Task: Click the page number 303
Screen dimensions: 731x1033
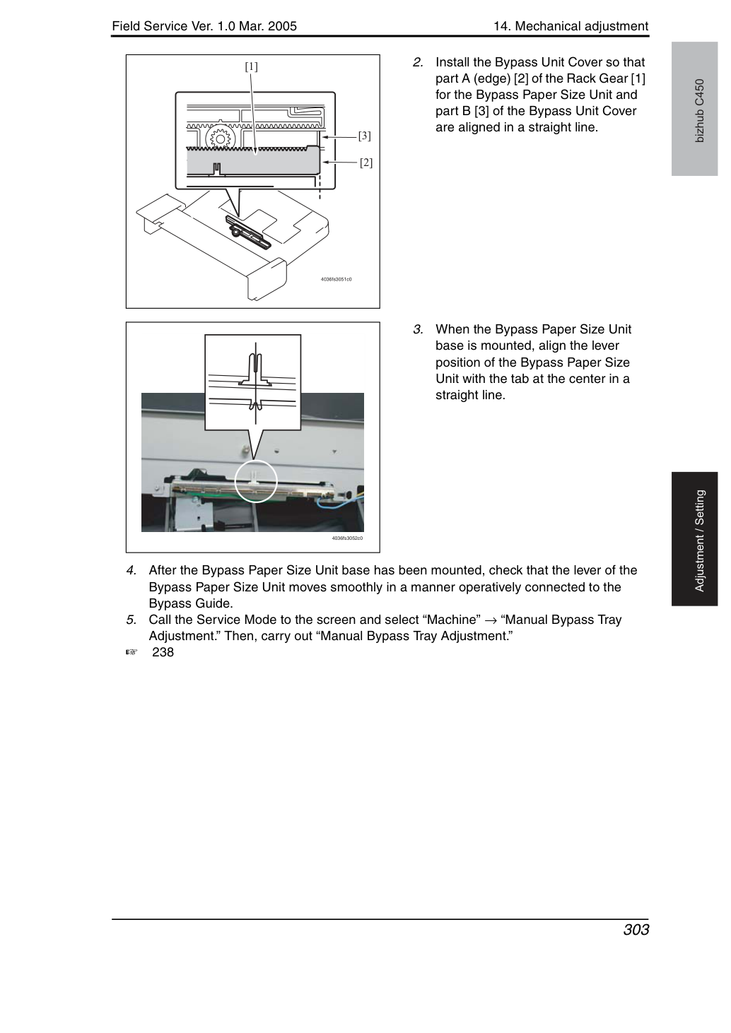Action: click(636, 930)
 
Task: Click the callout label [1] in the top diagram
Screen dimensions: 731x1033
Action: click(251, 66)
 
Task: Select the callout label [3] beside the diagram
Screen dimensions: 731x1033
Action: click(365, 136)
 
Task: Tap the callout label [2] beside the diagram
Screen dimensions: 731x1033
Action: click(366, 163)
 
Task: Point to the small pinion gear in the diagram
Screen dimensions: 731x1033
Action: click(220, 138)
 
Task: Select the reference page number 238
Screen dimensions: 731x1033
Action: click(163, 652)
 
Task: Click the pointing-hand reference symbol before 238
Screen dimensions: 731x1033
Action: click(131, 652)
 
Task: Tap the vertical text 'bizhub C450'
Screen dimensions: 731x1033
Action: click(700, 111)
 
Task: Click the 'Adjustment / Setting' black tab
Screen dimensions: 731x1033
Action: click(694, 538)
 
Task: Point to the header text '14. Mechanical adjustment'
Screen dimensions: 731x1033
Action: click(571, 26)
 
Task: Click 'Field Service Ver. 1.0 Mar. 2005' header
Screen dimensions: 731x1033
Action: click(204, 26)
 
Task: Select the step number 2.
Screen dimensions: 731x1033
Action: click(418, 62)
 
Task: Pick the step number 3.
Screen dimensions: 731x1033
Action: click(418, 329)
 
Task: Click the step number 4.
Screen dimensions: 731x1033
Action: click(131, 570)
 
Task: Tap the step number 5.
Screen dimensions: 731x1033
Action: click(131, 620)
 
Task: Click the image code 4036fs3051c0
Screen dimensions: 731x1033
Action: click(336, 280)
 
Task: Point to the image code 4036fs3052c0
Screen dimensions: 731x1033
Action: click(347, 538)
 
